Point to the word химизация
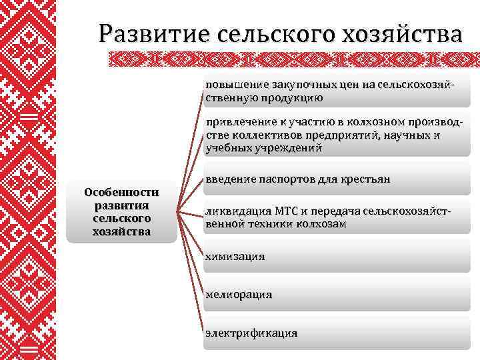pyautogui.click(x=235, y=256)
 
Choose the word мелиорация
pyautogui.click(x=239, y=294)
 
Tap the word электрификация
pyautogui.click(x=251, y=333)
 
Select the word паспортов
pyautogui.click(x=282, y=179)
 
